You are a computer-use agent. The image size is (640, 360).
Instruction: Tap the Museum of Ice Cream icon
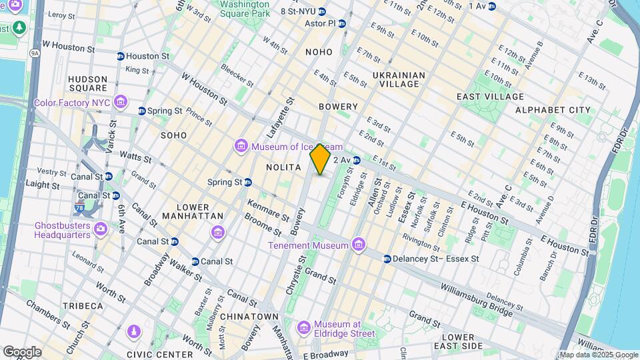tap(241, 146)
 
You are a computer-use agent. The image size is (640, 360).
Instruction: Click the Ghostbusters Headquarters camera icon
tap(100, 229)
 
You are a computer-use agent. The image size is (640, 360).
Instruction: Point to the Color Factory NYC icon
tap(120, 101)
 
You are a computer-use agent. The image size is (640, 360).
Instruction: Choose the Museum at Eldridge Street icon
tap(304, 327)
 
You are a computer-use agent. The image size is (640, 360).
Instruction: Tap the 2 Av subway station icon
tap(357, 160)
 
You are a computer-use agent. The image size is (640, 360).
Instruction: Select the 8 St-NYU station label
tap(297, 11)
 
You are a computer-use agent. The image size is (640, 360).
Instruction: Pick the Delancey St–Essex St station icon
tap(387, 259)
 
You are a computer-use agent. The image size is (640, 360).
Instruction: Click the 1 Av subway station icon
tap(492, 6)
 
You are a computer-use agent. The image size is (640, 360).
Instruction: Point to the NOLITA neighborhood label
tap(284, 167)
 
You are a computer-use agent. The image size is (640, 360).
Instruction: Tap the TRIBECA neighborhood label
tap(83, 306)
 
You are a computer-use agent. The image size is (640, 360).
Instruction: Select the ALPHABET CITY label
tap(553, 109)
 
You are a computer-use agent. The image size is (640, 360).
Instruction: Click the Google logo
tap(22, 351)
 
